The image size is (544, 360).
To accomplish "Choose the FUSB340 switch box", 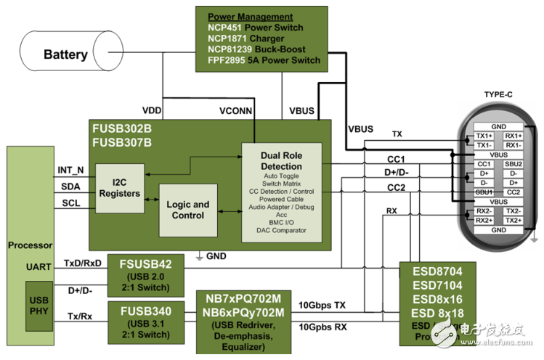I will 145,321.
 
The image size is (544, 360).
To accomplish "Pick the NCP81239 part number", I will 230,49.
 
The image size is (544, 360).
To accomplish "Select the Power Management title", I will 251,17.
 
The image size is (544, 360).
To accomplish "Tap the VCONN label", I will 237,111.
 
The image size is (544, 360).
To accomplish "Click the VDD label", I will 152,111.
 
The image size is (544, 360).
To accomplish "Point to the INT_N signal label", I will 70,171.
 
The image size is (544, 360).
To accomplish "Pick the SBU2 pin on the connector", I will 512,165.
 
